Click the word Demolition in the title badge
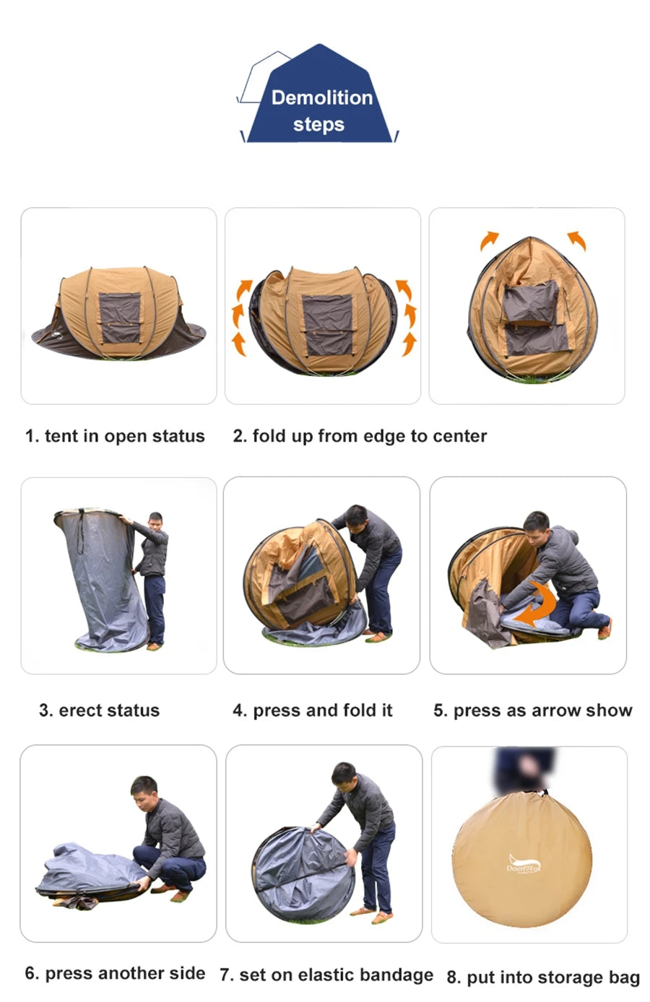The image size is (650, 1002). (321, 97)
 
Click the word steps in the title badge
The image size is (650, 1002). (318, 124)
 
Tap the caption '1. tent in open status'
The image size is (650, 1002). (115, 436)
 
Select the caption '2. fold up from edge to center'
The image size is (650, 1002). (360, 436)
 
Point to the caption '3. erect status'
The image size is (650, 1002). (99, 710)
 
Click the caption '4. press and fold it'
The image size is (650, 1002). (312, 710)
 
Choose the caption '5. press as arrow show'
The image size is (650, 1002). (532, 710)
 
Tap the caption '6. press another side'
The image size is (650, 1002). (115, 973)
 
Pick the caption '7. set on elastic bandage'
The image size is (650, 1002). (326, 975)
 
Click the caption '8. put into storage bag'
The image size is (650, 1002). (543, 977)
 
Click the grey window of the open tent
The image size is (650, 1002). (119, 318)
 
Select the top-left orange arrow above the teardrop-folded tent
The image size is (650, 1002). (489, 240)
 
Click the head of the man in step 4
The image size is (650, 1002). (355, 516)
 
